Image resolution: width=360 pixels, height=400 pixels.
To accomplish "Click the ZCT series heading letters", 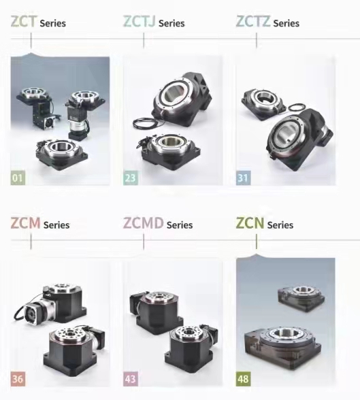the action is coord(24,21).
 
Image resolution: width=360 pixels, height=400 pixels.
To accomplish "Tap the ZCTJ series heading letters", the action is coord(139,21).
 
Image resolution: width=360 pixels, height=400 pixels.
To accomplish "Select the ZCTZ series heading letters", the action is coord(253,21).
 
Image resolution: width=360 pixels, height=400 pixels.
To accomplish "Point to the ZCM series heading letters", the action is coord(25,222).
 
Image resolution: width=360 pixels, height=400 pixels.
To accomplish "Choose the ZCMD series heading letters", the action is coord(143,222).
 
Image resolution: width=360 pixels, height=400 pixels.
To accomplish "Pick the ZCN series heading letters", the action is coord(250,222).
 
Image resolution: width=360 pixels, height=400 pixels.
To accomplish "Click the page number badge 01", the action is coord(18,178).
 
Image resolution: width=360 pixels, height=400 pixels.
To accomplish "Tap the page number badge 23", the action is coord(131,178).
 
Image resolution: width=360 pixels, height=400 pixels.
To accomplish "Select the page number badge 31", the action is coord(243,178).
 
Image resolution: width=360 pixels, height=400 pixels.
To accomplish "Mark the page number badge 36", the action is coord(18,379).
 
